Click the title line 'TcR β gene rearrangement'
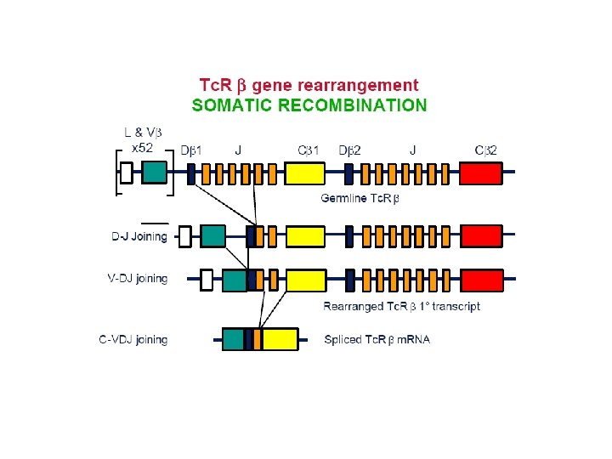309,85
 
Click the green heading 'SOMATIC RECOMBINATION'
309,105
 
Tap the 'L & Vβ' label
142,133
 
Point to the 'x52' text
142,147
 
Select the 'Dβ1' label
191,150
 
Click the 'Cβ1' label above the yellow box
309,150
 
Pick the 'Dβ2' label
349,150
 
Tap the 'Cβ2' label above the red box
485,150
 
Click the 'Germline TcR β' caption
360,198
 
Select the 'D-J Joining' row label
139,236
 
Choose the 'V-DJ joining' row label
139,278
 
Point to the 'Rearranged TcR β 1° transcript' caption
401,306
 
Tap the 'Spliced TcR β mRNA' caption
377,340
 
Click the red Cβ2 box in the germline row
481,173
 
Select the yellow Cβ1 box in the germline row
303,173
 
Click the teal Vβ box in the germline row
154,173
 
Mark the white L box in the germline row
127,173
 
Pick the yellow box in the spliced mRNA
280,339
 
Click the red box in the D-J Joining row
481,235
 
